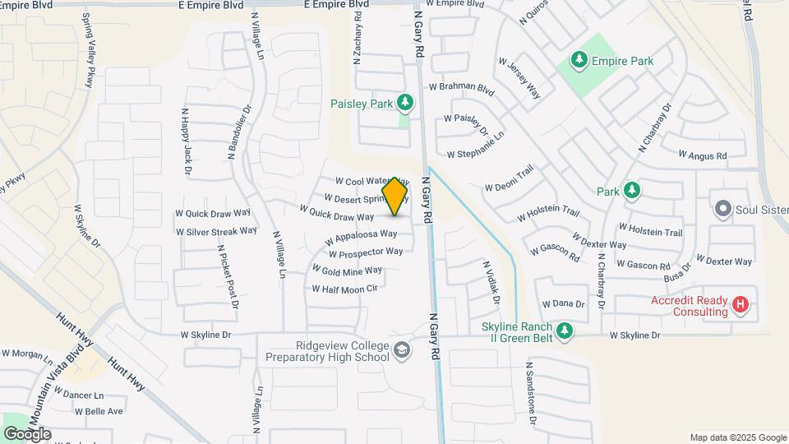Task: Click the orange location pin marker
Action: point(395,196)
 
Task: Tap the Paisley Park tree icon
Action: point(404,103)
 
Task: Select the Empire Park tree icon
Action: point(579,60)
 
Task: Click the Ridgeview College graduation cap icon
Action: point(401,351)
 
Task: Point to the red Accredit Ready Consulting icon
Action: point(741,306)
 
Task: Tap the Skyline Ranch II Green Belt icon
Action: point(564,331)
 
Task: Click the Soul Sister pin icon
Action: point(723,209)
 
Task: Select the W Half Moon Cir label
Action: point(344,289)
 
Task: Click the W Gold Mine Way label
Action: point(347,271)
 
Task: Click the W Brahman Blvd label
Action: point(461,86)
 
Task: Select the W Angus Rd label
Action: point(703,155)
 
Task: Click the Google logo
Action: point(27,433)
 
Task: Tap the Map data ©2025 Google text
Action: point(737,437)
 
